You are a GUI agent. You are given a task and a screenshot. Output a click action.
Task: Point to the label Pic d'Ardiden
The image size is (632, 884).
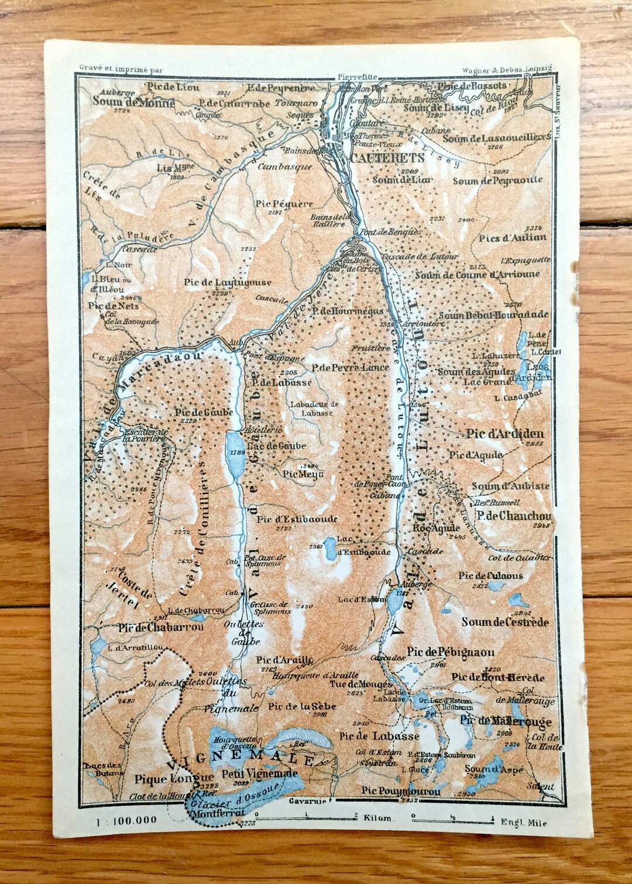coord(505,434)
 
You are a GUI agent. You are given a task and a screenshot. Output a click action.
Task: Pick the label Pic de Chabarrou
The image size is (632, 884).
coord(160,627)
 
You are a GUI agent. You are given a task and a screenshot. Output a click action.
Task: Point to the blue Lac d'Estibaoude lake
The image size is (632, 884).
coord(332,547)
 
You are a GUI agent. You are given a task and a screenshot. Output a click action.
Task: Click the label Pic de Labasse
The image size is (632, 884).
coord(379,735)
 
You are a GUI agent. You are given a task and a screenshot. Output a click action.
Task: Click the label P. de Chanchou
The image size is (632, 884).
coord(513,516)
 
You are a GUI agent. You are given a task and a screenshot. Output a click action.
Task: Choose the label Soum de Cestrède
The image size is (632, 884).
coord(504,621)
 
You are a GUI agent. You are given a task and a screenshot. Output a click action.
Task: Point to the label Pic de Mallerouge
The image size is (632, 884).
coord(506,721)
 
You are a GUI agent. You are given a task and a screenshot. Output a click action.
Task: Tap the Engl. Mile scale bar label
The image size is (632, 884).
coord(524,823)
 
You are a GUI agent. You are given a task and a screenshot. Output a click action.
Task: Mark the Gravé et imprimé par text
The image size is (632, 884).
coord(120,68)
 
